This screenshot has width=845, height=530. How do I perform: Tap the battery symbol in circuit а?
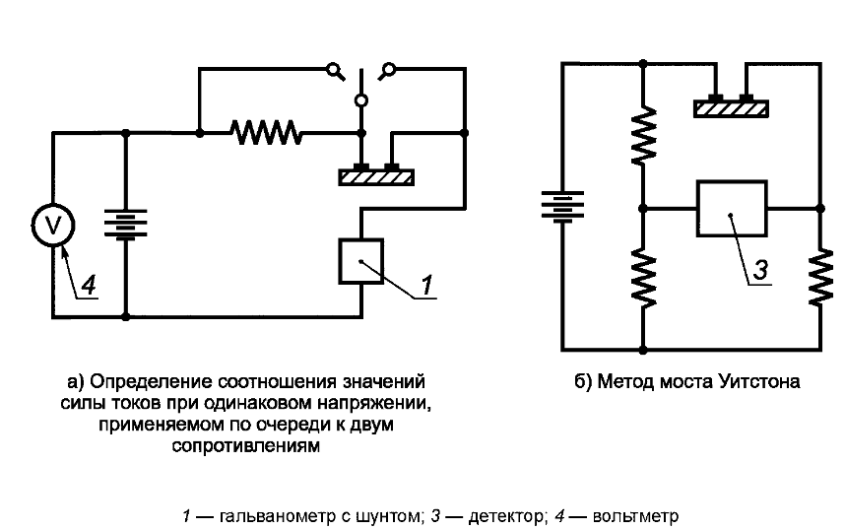125,225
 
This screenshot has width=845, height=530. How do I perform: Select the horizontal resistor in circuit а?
266,133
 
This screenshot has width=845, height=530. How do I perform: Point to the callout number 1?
426,285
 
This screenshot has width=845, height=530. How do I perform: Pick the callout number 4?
89,285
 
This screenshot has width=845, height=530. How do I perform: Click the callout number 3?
760,270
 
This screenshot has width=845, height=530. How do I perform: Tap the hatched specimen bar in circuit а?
376,176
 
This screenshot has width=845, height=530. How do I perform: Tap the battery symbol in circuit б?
562,206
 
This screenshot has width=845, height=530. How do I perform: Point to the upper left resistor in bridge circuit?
643,135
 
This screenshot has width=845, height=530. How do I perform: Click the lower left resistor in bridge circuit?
643,278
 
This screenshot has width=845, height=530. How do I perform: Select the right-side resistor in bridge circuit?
820,278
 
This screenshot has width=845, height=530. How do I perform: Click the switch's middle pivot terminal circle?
361,100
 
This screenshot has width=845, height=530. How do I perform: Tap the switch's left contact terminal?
335,71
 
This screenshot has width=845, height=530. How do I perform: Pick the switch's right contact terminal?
387,71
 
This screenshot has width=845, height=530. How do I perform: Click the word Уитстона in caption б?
759,381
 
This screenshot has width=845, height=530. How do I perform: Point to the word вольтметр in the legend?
635,516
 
